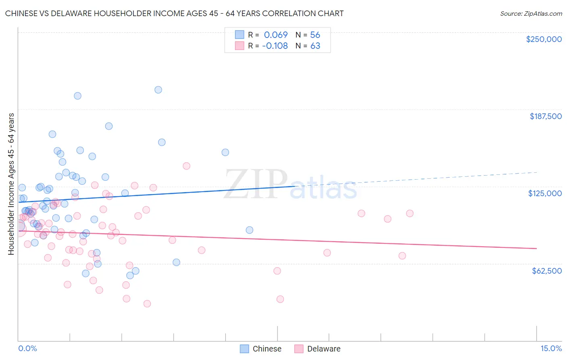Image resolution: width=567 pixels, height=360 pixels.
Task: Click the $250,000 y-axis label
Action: tap(544, 39)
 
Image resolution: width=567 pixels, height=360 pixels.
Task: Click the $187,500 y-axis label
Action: tap(545, 116)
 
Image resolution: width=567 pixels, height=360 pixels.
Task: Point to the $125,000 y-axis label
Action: tap(545, 193)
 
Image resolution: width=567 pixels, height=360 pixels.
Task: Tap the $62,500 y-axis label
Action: tap(547, 271)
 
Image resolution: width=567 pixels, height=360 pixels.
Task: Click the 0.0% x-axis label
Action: tap(27, 348)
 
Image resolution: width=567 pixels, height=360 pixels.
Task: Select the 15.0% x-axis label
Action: tap(551, 348)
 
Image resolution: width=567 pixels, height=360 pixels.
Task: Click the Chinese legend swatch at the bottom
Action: tap(244, 349)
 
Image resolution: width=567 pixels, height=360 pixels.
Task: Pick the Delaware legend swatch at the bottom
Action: tap(299, 349)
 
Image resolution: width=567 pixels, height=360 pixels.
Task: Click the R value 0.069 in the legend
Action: tap(276, 35)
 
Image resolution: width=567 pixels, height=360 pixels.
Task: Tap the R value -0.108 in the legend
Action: tap(275, 46)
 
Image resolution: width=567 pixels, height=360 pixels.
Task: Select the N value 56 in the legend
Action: tap(315, 35)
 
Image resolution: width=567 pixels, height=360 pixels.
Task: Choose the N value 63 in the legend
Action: tap(315, 46)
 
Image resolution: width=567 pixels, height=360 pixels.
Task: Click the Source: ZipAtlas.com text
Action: tap(531, 13)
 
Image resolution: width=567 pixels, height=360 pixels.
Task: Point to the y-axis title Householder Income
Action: tap(11, 184)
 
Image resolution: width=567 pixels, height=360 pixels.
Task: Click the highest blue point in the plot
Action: tap(158, 90)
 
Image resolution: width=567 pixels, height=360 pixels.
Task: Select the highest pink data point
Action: tap(186, 166)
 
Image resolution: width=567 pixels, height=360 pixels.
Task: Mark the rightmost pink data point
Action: tap(410, 213)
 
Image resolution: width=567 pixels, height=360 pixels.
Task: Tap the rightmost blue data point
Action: tap(250, 230)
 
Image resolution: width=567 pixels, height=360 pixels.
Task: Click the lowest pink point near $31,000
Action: tap(147, 303)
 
